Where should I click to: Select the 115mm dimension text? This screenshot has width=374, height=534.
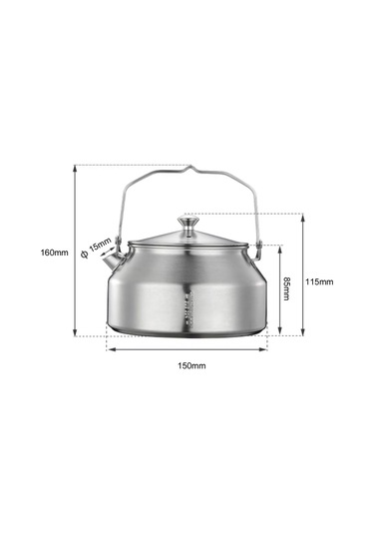pyautogui.click(x=319, y=281)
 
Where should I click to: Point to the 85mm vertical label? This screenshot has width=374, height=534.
pyautogui.click(x=286, y=288)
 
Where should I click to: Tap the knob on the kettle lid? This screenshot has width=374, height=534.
pyautogui.click(x=187, y=222)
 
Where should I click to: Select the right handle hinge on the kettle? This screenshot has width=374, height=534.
pyautogui.click(x=257, y=243)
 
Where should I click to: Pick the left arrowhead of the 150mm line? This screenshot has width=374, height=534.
pyautogui.click(x=109, y=349)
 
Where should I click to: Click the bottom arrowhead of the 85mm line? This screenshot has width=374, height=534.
pyautogui.click(x=280, y=332)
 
